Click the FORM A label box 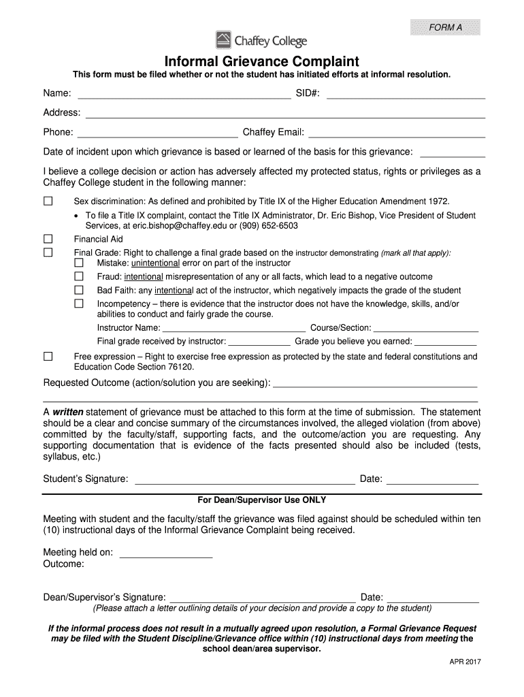coord(445,27)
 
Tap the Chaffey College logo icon coord(223,40)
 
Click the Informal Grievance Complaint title coord(262,61)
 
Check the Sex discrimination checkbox coord(48,201)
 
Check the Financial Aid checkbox coord(48,239)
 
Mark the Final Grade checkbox coord(48,253)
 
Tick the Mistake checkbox coord(79,263)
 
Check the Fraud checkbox coord(79,276)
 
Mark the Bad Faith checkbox coord(79,290)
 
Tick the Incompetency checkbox coord(79,304)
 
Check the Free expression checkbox coord(48,357)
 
